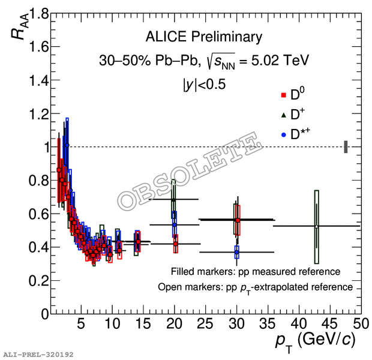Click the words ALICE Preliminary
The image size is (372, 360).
[204, 37]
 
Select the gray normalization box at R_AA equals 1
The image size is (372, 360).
[346, 146]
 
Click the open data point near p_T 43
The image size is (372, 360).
[316, 226]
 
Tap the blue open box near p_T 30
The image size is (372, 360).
[237, 252]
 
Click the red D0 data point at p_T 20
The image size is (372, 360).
[175, 244]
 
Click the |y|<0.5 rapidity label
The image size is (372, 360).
[204, 85]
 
